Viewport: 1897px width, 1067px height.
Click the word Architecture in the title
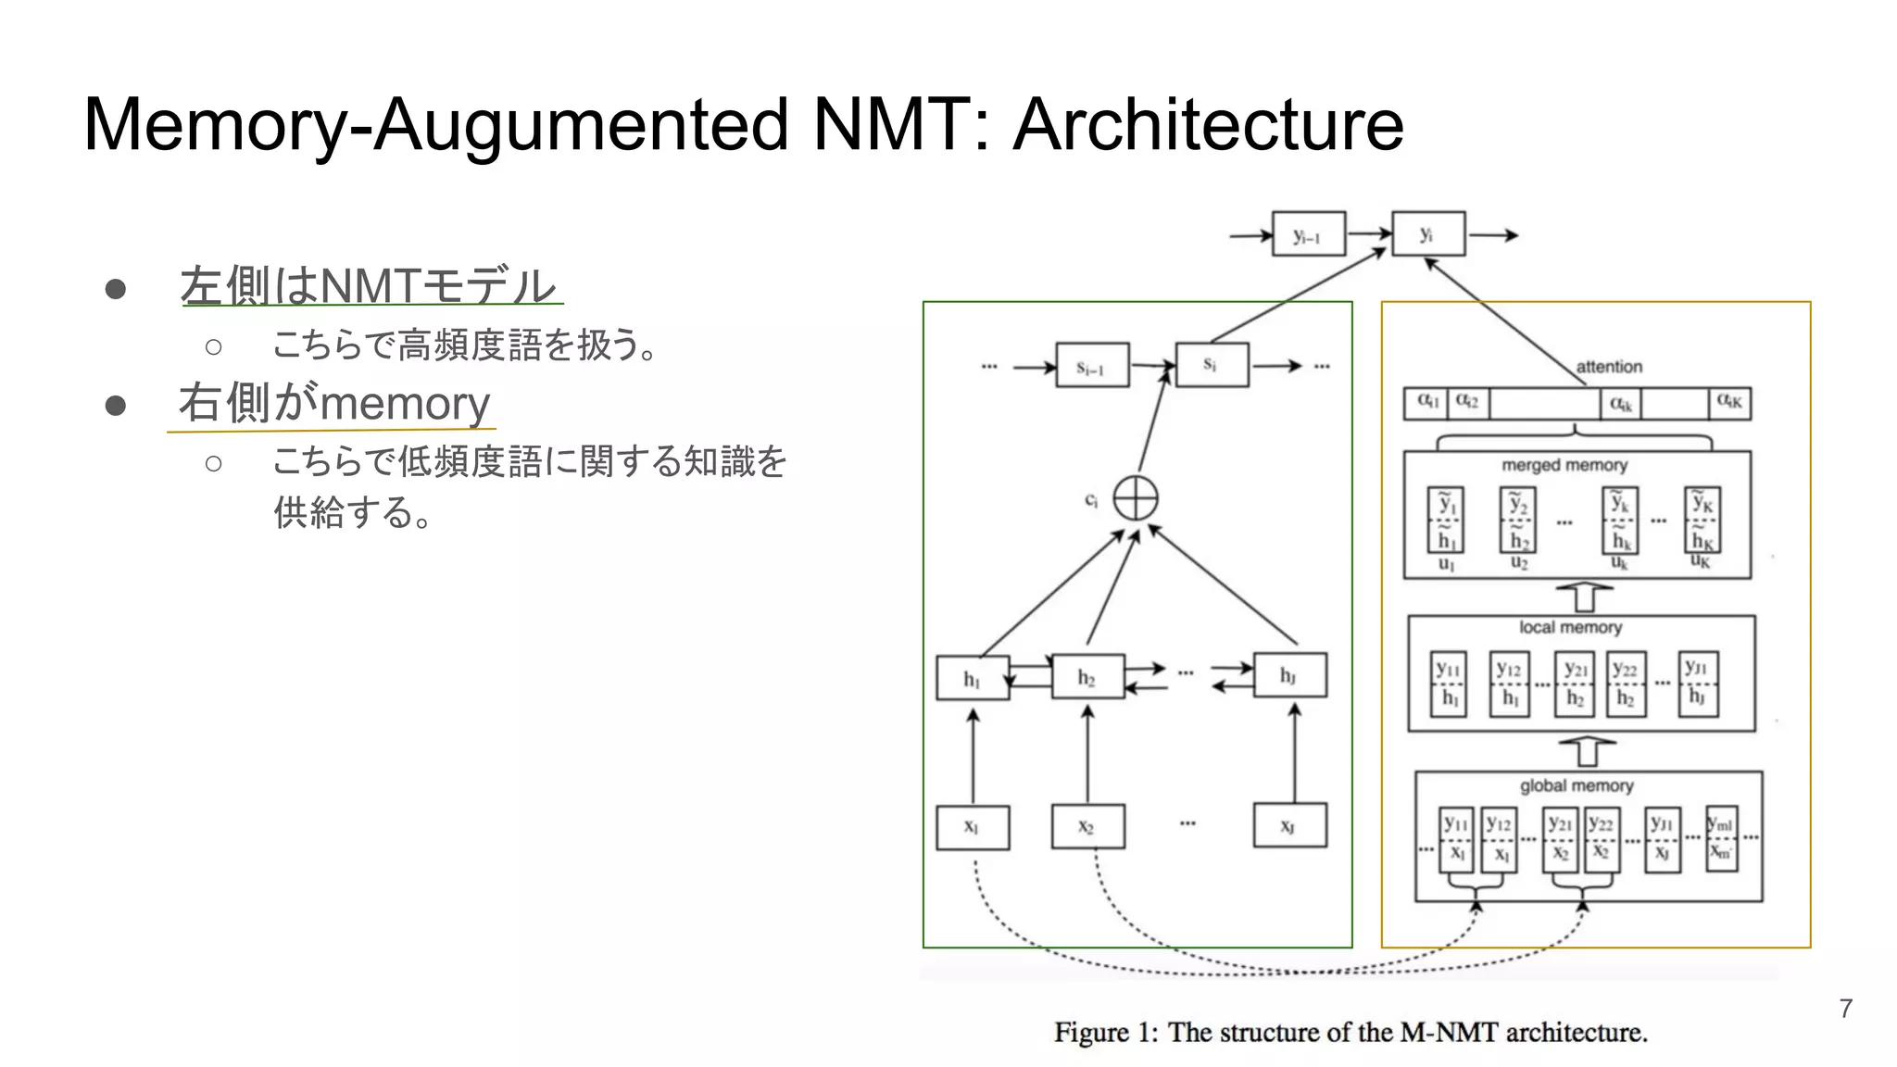coord(1208,124)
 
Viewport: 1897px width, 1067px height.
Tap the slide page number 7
coord(1845,1009)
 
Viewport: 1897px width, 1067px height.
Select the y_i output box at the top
coord(1428,234)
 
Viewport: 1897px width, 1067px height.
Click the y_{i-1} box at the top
coord(1307,235)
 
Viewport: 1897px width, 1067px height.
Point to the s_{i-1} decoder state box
coord(1092,367)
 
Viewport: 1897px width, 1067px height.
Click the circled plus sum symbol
coord(1135,499)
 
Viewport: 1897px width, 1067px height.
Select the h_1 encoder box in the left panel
coord(972,678)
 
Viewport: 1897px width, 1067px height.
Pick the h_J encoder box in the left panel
coord(1289,675)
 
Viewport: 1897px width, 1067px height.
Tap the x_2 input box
coord(1087,826)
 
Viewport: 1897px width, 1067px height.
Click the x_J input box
coord(1289,826)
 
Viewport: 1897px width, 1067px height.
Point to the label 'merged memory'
coord(1564,465)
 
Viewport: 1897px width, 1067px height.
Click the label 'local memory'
coord(1570,627)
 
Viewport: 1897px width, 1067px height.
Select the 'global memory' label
coord(1576,785)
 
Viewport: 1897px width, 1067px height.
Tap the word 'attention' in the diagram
coord(1609,367)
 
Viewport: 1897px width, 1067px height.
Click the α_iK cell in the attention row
coord(1728,403)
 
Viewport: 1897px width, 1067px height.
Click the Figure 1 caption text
coord(1351,1032)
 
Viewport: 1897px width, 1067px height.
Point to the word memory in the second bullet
coord(405,403)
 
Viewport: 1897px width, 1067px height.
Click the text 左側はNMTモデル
coord(368,284)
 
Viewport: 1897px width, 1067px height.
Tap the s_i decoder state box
coord(1211,365)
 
